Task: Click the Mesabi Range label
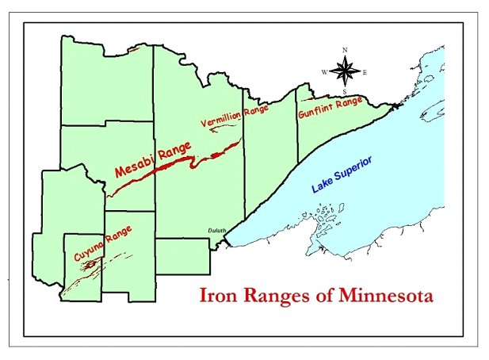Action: [148, 162]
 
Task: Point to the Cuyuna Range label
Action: [102, 243]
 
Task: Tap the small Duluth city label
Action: [217, 231]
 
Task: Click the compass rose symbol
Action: [345, 71]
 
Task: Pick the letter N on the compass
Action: [345, 50]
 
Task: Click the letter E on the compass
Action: [365, 72]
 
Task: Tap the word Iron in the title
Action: [218, 299]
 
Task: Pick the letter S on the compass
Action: [345, 93]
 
